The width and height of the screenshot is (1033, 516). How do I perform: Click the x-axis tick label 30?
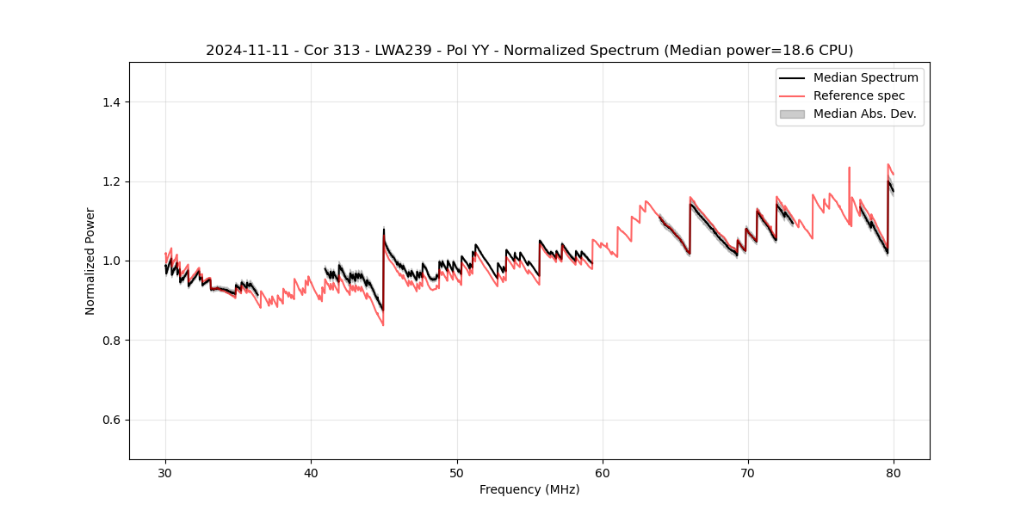click(165, 472)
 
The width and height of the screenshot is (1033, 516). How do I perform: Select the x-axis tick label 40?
click(311, 472)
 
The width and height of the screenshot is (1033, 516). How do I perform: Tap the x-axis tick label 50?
click(457, 472)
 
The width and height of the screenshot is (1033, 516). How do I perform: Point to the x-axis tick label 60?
click(603, 472)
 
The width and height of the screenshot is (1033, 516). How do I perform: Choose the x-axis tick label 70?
click(748, 472)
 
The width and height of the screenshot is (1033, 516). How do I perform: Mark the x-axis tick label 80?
click(894, 472)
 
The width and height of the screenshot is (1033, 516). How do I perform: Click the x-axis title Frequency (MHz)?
click(529, 489)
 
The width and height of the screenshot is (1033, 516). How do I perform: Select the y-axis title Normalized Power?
click(90, 261)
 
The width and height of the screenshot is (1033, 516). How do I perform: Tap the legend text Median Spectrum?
click(865, 77)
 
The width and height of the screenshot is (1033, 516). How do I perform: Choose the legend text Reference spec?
click(858, 95)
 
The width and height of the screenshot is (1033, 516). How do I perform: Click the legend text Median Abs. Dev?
click(864, 114)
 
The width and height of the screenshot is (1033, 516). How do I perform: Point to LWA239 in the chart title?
click(398, 51)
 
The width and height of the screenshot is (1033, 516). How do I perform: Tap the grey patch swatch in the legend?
click(791, 114)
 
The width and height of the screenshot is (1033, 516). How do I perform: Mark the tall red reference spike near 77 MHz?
click(849, 169)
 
